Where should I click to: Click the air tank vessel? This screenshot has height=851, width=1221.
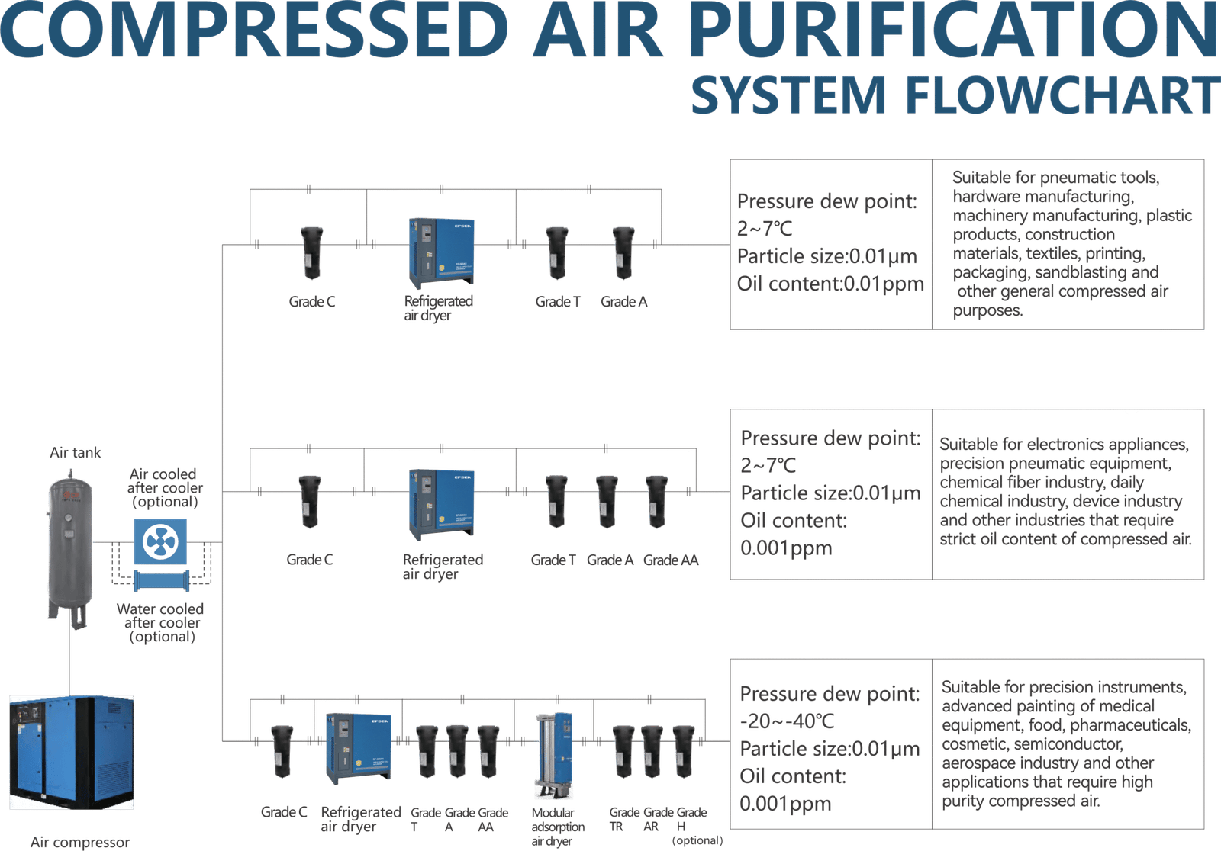click(69, 545)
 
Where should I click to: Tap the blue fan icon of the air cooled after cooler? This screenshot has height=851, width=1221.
click(160, 542)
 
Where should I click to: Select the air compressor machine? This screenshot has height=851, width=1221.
click(71, 752)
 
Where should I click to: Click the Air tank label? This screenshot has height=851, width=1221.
click(76, 454)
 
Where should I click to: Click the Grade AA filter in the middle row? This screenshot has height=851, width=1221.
click(657, 501)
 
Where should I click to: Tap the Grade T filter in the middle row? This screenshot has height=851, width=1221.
click(556, 501)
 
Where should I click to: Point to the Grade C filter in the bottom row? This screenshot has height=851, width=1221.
click(282, 750)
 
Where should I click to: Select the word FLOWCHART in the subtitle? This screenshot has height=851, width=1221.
click(1062, 95)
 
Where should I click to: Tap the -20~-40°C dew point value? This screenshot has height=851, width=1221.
click(788, 721)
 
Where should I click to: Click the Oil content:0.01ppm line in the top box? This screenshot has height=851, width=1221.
click(830, 284)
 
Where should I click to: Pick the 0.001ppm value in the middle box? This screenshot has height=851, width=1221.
click(786, 548)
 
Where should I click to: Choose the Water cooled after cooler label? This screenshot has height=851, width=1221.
click(161, 622)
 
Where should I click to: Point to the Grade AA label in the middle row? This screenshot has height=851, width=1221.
click(671, 560)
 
